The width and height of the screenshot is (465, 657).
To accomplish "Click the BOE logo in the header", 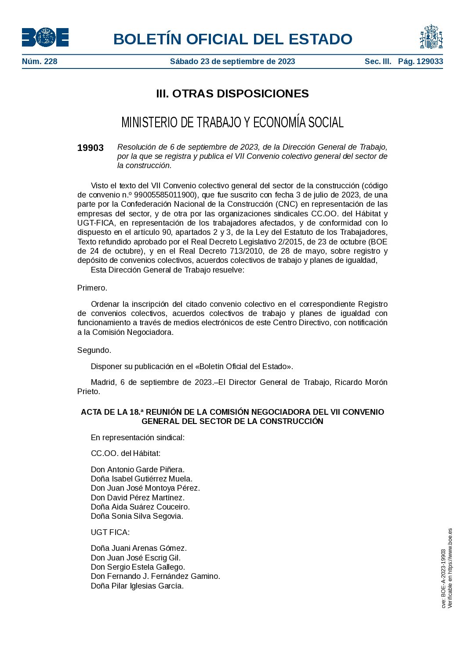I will coord(45,37).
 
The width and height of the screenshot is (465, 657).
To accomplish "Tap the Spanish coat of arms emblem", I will coord(431,37).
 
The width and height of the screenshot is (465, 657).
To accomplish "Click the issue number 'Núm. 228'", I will coord(40,61).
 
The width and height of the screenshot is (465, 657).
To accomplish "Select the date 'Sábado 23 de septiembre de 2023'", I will coord(232,61).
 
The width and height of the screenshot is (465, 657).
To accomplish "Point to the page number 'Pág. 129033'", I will coord(421,61).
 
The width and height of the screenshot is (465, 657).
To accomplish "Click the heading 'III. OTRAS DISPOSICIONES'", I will coord(232,93).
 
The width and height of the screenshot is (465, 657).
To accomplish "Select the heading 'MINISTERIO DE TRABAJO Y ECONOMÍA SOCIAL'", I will coord(232,122).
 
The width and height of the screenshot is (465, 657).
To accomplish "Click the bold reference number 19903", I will coord(91,148).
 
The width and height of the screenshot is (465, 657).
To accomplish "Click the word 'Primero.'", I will coord(92,288).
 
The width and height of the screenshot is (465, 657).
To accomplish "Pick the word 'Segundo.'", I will coord(94,350).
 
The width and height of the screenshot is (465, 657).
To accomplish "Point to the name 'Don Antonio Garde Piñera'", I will coord(138,470).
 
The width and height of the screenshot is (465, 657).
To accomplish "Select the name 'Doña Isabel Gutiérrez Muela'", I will coord(142,479).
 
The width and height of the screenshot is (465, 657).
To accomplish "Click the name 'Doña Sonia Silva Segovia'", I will coord(137,516).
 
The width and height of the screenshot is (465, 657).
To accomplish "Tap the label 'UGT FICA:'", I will coord(110,532).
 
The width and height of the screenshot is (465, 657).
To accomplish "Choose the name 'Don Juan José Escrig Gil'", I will coord(136,558).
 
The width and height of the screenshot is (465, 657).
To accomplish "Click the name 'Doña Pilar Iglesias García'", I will coord(137,586).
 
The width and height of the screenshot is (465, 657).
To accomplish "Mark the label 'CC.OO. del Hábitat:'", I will coord(126,453).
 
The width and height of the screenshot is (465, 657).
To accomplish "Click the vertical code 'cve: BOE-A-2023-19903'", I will coord(444,578).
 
